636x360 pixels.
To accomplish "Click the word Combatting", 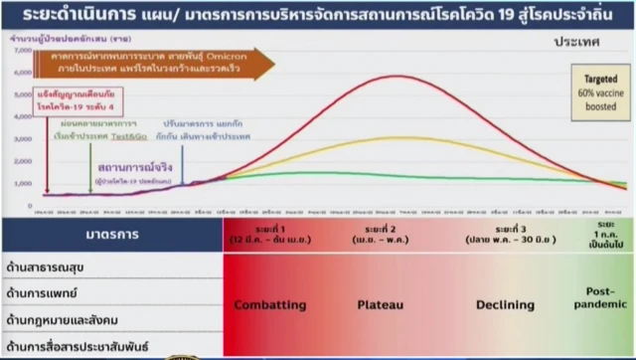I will [269, 305].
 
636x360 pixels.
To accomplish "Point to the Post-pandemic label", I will [603, 305].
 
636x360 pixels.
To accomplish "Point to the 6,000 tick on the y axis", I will [19, 75].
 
